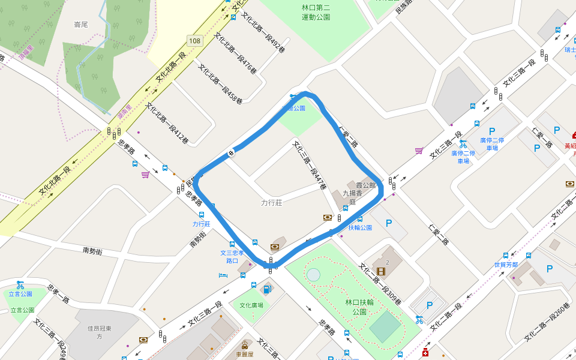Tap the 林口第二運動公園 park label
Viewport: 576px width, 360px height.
point(316,13)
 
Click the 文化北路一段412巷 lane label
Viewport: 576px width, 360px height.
point(167,124)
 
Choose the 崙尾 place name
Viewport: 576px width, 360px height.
point(80,25)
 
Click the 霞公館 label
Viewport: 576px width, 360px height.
point(365,186)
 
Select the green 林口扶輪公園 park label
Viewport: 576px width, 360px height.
point(359,307)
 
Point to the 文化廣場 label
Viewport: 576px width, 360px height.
point(251,305)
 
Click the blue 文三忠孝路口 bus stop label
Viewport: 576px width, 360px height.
point(232,257)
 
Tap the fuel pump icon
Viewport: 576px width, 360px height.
point(267,290)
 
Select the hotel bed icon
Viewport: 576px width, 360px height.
point(223,275)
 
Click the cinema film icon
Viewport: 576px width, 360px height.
point(380,271)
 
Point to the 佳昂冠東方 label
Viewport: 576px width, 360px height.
point(96,332)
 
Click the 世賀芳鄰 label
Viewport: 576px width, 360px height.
point(505,265)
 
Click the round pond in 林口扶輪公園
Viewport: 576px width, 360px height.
point(313,275)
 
